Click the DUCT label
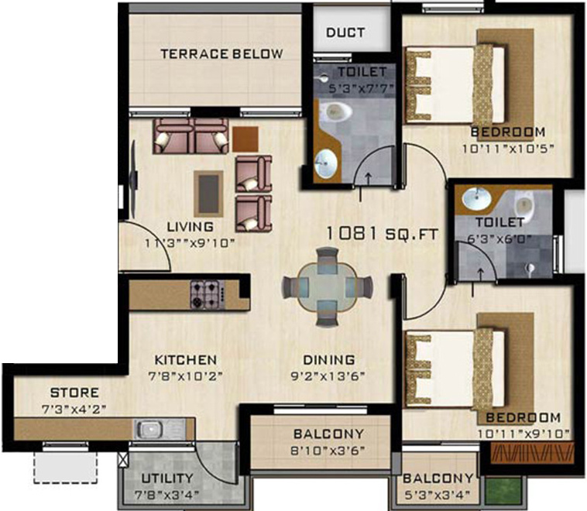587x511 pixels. click(x=345, y=33)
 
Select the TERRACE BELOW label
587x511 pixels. click(x=221, y=54)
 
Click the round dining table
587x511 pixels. click(x=327, y=286)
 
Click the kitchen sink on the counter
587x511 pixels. click(x=148, y=427)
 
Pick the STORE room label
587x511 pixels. click(x=74, y=393)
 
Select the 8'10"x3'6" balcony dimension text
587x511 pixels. click(x=329, y=450)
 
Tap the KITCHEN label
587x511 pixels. click(x=185, y=360)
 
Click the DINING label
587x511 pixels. click(x=329, y=360)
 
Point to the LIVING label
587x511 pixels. click(x=191, y=227)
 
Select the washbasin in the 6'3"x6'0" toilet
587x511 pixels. click(x=474, y=201)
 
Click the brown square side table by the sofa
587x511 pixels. click(x=245, y=138)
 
